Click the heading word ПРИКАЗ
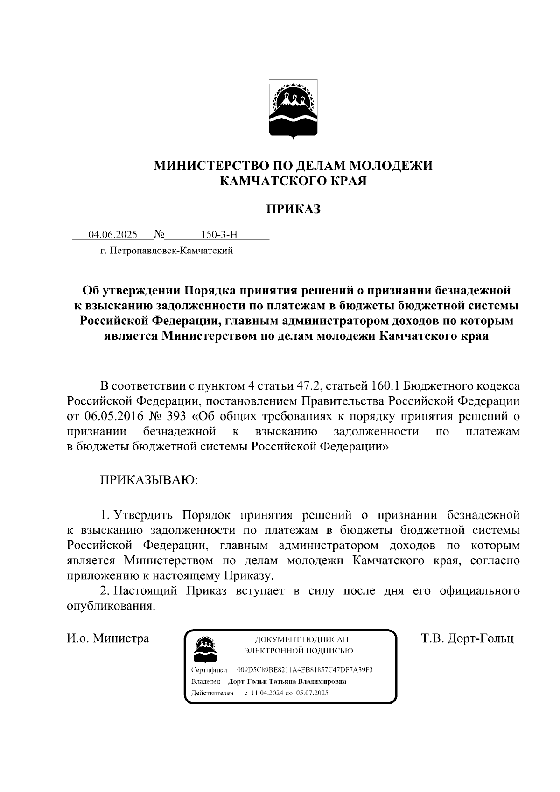coord(293,210)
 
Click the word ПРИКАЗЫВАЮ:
coord(149,480)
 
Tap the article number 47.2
coord(308,386)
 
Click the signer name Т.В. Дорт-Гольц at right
coord(467,638)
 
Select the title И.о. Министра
coord(108,638)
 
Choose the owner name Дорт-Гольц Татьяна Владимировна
coord(287,681)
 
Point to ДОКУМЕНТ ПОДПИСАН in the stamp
coord(301,639)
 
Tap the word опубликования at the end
coord(110,606)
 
